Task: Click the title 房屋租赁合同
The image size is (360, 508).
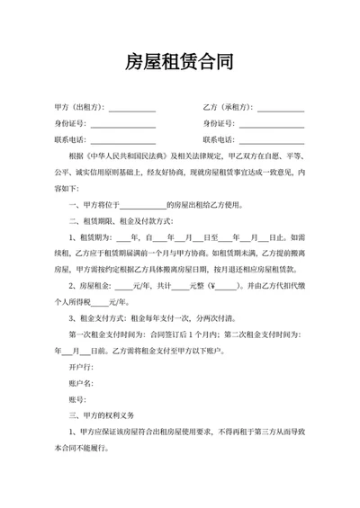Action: click(x=180, y=64)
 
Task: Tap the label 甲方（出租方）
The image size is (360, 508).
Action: click(x=79, y=107)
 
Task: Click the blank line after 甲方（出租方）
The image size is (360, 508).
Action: click(x=131, y=109)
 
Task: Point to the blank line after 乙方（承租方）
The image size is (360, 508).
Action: click(x=281, y=109)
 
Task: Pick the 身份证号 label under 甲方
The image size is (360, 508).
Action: click(x=71, y=123)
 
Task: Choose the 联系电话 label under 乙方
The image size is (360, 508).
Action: click(x=219, y=139)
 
